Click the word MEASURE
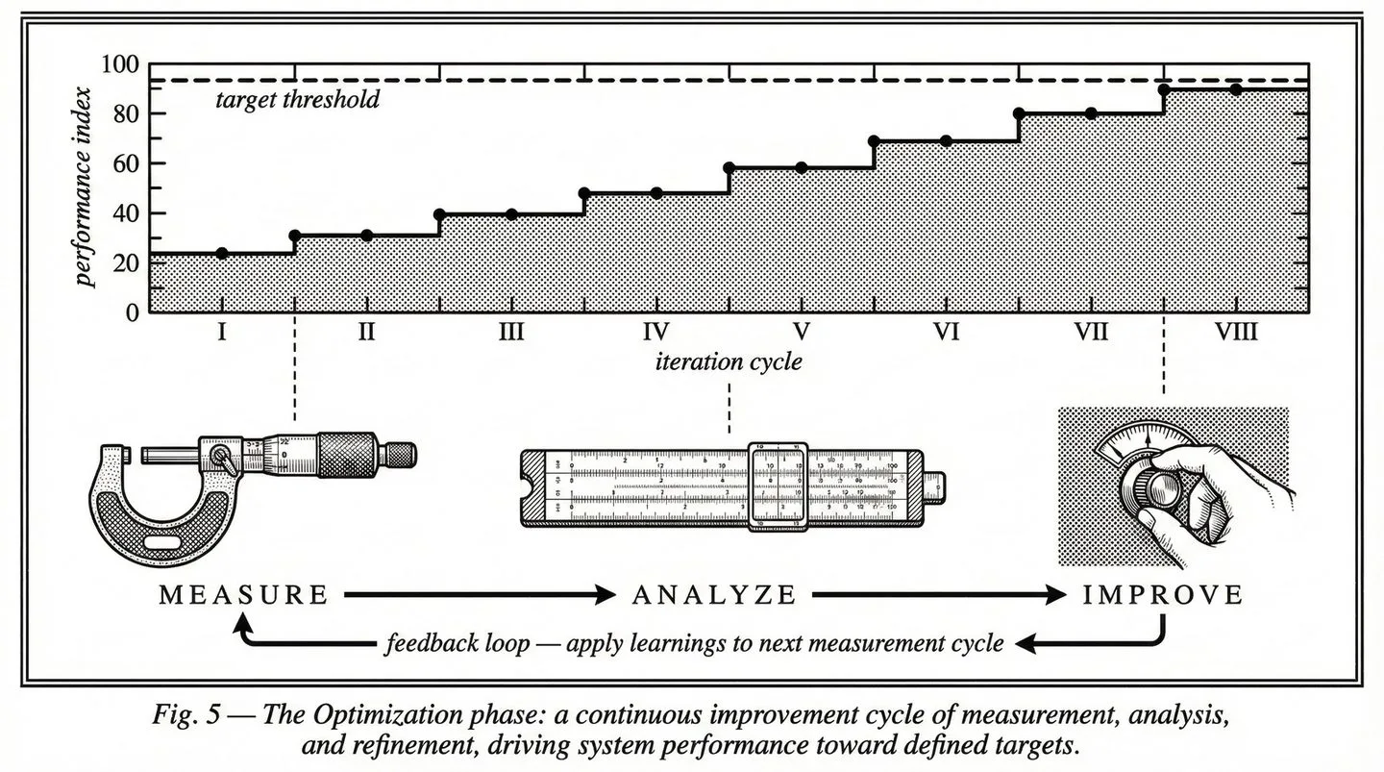pos(243,595)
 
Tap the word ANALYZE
pos(714,595)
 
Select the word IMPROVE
pos(1163,595)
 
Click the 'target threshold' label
pos(297,99)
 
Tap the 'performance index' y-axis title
pos(86,187)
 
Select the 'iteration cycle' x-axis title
pos(729,362)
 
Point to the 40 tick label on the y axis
pos(126,213)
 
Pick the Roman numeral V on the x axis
pos(802,333)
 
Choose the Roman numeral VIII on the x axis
pos(1236,333)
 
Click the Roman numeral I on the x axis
pos(222,333)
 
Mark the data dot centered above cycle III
pos(511,214)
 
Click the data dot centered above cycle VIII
pos(1236,89)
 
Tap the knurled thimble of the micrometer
pos(347,450)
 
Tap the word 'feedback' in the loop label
pos(428,643)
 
